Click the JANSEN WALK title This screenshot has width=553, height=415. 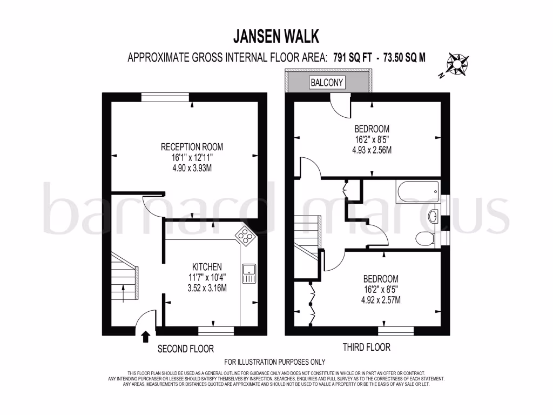point(276,36)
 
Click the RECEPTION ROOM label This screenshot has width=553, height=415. point(192,147)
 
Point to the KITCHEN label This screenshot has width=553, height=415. point(207,266)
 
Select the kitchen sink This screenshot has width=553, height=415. point(249,273)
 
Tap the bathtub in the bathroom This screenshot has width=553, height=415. point(417,191)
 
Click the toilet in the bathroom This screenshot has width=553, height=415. point(425,238)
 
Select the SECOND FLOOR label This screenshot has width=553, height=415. point(186,349)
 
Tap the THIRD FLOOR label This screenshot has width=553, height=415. point(366,347)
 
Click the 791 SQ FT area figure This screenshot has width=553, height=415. point(351,58)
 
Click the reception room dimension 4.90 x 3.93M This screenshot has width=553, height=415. point(192,168)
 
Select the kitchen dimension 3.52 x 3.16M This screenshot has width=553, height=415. point(207,288)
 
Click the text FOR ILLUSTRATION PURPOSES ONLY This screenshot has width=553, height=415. point(275,362)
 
